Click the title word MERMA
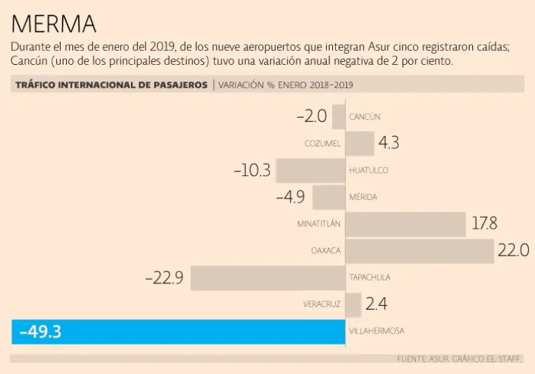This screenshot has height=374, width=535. pyautogui.click(x=54, y=24)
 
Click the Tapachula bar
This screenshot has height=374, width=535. pyautogui.click(x=268, y=277)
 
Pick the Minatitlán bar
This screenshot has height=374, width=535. pyautogui.click(x=405, y=224)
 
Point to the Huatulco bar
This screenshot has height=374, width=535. pyautogui.click(x=311, y=170)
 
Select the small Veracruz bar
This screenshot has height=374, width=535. pyautogui.click(x=353, y=304)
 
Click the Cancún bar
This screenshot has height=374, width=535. pyautogui.click(x=339, y=116)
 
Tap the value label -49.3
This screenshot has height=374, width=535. pyautogui.click(x=40, y=332)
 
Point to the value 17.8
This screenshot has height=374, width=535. pyautogui.click(x=484, y=224)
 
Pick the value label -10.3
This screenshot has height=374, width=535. pyautogui.click(x=251, y=170)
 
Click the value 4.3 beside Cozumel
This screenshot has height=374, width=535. pyautogui.click(x=389, y=143)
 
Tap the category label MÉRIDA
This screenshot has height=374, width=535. pyautogui.click(x=363, y=197)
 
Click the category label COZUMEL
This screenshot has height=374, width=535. pyautogui.click(x=323, y=144)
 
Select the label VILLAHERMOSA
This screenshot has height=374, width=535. pyautogui.click(x=377, y=332)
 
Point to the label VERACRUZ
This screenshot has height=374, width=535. pyautogui.click(x=322, y=304)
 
